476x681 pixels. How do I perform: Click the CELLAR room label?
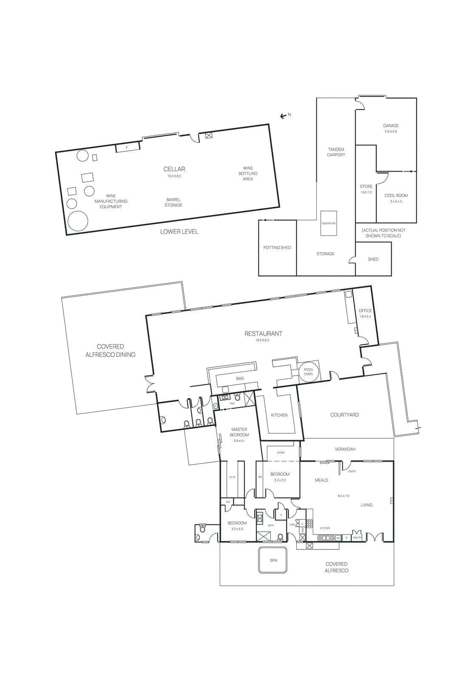[174, 169]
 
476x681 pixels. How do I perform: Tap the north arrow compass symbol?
[283, 116]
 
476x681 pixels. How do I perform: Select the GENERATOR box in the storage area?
[329, 223]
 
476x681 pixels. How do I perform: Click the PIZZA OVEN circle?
[309, 372]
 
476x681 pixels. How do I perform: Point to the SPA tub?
[273, 560]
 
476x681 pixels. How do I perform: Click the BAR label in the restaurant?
[240, 378]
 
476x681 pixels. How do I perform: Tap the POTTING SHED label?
[277, 248]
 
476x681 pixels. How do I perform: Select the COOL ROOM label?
[396, 196]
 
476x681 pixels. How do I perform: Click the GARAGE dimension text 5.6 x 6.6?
[391, 132]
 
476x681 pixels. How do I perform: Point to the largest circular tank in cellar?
[78, 221]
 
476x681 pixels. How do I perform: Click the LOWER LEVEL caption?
[179, 232]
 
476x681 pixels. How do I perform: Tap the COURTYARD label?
[344, 415]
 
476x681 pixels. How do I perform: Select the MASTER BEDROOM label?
[239, 432]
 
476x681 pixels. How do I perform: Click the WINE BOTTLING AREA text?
[248, 174]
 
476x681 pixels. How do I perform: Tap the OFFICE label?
[365, 311]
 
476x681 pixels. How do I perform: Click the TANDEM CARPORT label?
[336, 152]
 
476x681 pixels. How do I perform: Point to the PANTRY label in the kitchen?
[357, 538]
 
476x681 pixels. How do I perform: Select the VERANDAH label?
[345, 449]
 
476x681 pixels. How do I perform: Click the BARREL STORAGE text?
[173, 202]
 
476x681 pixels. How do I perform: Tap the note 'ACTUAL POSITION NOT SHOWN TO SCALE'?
[383, 233]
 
